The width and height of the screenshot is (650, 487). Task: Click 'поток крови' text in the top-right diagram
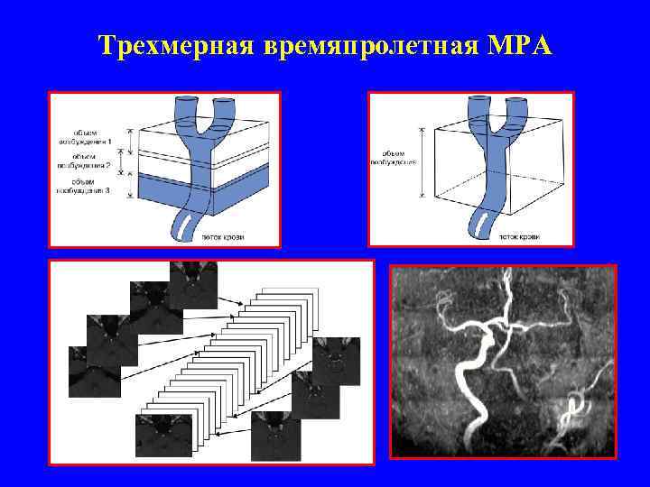pos(521,237)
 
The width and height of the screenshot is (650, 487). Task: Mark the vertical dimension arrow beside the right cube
pos(420,162)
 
